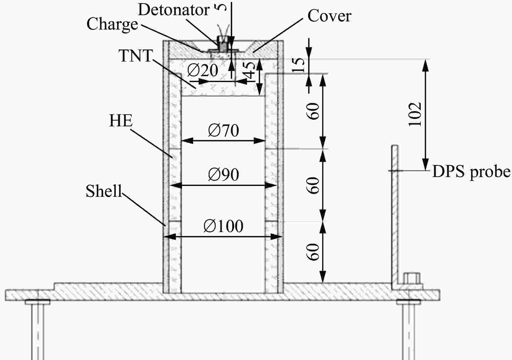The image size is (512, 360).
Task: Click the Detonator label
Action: point(174,10)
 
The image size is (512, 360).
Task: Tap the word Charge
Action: point(112,24)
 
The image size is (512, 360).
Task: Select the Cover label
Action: point(329,16)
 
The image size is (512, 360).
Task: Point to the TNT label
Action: point(136,56)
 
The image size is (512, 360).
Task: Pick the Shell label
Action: point(104,191)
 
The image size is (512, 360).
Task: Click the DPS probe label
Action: point(471,172)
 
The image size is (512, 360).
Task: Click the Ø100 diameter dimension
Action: point(223,226)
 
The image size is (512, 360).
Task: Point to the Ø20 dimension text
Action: point(203,70)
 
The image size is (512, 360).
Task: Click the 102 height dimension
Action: point(415,114)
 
